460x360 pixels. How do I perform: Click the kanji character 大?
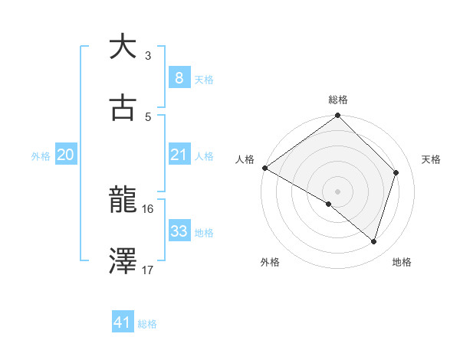123,47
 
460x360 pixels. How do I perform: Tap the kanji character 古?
123,108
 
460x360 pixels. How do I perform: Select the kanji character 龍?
123,201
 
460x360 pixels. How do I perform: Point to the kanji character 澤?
123,262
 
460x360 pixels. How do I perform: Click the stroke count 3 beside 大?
148,55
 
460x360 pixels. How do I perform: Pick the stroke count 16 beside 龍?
148,208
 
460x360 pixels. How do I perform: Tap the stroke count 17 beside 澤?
148,270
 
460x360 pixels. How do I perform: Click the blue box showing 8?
179,77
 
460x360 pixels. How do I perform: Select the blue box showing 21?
179,155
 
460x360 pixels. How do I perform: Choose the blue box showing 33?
179,231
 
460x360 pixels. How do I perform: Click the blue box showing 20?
65,155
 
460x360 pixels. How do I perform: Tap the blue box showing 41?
123,322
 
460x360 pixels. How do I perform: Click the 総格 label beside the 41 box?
147,324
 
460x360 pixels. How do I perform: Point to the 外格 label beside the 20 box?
41,155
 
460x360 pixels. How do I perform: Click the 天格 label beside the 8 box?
203,79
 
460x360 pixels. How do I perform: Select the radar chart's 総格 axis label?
338,100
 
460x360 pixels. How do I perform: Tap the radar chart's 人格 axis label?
245,159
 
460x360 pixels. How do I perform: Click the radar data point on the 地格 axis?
374,241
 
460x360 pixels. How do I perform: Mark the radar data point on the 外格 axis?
329,204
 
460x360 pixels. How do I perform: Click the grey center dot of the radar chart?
338,191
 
